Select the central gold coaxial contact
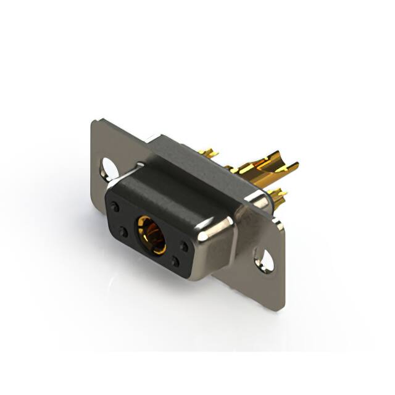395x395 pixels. click(x=151, y=235)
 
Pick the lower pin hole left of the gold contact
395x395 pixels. click(x=123, y=231)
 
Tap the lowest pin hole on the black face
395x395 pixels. click(x=176, y=262)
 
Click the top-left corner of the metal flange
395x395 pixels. click(x=94, y=122)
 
